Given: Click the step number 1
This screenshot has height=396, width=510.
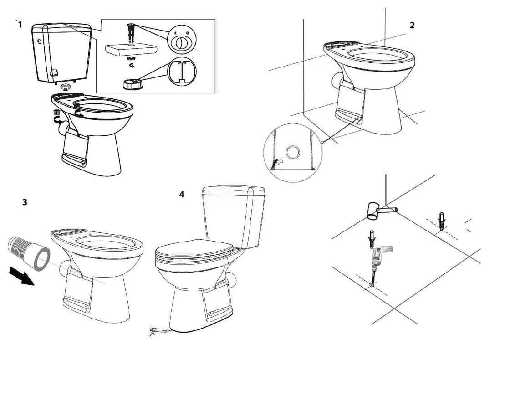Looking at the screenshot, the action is point(20,25).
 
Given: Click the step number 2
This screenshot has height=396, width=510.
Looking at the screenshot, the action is point(412,25).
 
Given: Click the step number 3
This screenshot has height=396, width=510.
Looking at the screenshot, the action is point(25,202).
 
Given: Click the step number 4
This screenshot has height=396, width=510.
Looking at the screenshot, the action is point(182,194).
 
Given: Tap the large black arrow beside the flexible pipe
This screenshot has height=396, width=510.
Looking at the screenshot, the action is point(21,276).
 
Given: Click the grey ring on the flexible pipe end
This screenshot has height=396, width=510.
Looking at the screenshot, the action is point(41,259).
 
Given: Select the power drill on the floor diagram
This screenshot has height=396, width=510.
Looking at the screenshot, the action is point(378,260).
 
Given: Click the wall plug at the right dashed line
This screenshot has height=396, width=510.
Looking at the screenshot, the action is point(442,221).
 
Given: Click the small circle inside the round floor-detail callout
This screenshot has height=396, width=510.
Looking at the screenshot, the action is point(293,152).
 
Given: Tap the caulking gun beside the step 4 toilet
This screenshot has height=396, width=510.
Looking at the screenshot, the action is point(159,331).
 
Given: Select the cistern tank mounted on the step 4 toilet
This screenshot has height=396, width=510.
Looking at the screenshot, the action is point(234,216).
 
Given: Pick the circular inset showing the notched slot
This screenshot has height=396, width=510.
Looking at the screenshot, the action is point(182,72).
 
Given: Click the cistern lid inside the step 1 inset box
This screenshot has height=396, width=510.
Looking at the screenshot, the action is point(132,50).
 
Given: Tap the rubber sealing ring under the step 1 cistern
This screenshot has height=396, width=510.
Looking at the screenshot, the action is point(66,87).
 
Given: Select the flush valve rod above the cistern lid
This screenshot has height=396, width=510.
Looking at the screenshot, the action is point(131,34).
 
